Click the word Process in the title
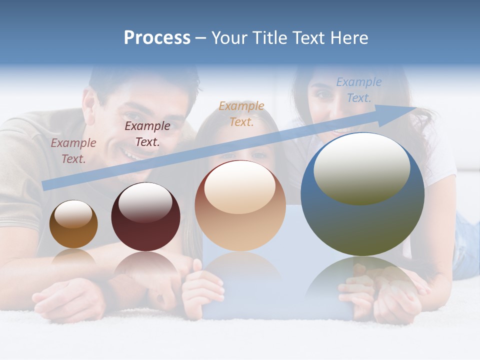click(157, 38)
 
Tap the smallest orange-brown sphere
click(73, 224)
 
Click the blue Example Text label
click(359, 90)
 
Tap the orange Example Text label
click(241, 113)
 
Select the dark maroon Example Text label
click(147, 133)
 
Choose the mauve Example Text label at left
click(73, 150)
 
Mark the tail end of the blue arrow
click(45, 185)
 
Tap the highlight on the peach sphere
click(240, 187)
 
